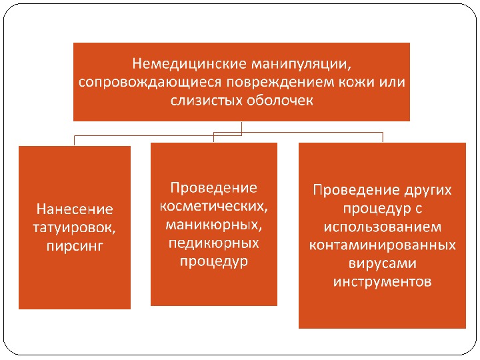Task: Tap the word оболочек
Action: pyautogui.click(x=277, y=101)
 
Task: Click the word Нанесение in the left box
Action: pyautogui.click(x=75, y=209)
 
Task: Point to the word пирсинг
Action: pyautogui.click(x=75, y=245)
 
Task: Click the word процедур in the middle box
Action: pyautogui.click(x=213, y=261)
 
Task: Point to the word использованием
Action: pyautogui.click(x=382, y=227)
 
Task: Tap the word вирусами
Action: pyautogui.click(x=382, y=263)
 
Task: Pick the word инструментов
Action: pyautogui.click(x=382, y=281)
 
